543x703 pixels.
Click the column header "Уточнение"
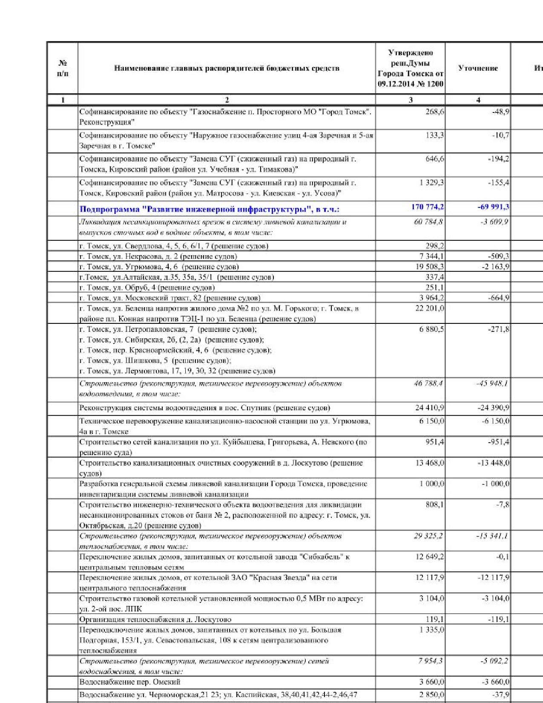point(477,68)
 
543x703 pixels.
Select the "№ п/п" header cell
point(63,68)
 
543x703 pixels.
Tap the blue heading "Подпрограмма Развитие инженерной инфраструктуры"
point(209,209)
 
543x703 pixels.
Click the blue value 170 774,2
point(427,207)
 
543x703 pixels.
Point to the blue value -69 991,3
point(493,207)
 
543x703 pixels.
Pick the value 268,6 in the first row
point(434,112)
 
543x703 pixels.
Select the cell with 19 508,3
point(429,267)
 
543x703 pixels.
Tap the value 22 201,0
point(429,308)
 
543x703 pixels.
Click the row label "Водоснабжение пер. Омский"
point(129,682)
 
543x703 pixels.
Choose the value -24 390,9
point(493,408)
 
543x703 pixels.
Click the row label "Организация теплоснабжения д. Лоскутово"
point(155,619)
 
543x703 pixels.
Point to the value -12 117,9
point(493,578)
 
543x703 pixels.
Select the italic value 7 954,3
point(431,661)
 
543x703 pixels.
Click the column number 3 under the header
point(411,100)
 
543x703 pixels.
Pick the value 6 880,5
point(431,329)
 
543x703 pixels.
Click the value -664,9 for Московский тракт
point(498,298)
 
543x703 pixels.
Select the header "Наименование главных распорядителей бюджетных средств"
point(227,68)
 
